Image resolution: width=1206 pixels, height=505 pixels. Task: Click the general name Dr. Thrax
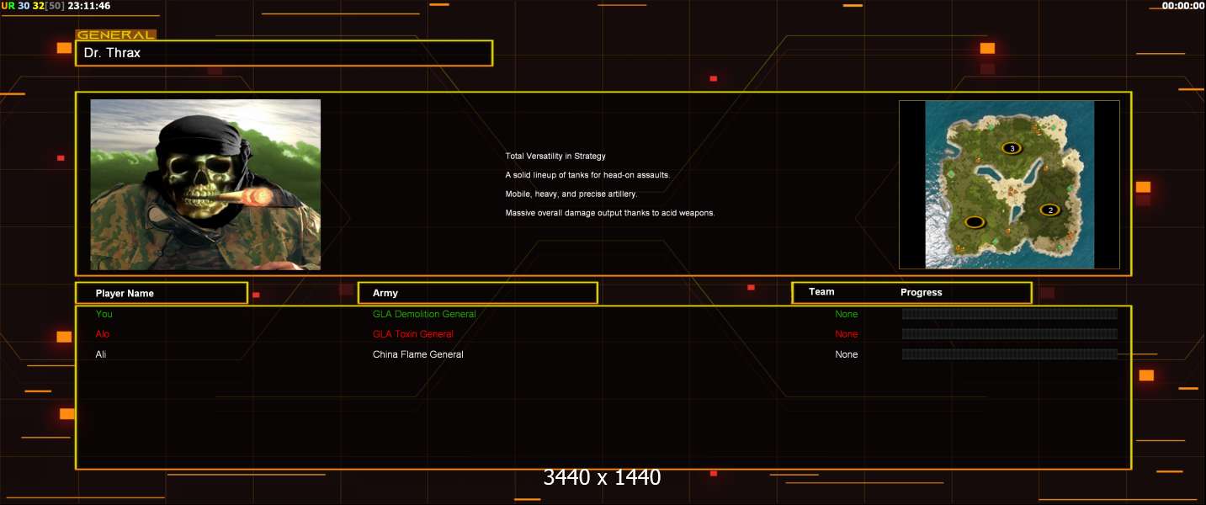click(112, 53)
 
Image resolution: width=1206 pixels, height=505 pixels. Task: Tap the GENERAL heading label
click(116, 35)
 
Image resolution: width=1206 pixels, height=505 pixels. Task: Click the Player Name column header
click(125, 294)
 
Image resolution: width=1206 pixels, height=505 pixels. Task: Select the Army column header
click(385, 293)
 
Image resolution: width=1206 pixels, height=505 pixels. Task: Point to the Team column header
click(821, 292)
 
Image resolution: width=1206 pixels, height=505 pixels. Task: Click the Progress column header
click(922, 292)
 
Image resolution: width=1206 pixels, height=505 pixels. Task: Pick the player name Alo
click(103, 334)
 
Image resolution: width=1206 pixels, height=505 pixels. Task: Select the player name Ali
click(101, 354)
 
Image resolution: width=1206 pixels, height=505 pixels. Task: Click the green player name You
click(104, 314)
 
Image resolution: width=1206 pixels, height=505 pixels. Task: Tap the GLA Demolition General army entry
click(424, 314)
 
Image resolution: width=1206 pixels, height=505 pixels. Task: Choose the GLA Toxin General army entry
click(413, 334)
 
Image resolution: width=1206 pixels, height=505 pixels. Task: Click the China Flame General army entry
click(417, 354)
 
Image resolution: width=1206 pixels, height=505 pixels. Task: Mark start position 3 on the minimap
click(1012, 148)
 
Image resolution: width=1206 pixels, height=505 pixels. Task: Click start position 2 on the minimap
click(1049, 210)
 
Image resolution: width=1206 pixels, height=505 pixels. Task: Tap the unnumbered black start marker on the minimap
click(975, 222)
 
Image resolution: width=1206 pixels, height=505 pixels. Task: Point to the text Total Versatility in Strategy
click(555, 157)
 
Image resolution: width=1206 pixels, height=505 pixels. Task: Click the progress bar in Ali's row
click(1009, 354)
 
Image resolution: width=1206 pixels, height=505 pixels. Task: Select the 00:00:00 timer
click(1182, 6)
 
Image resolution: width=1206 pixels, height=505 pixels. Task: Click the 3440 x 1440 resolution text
click(602, 477)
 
